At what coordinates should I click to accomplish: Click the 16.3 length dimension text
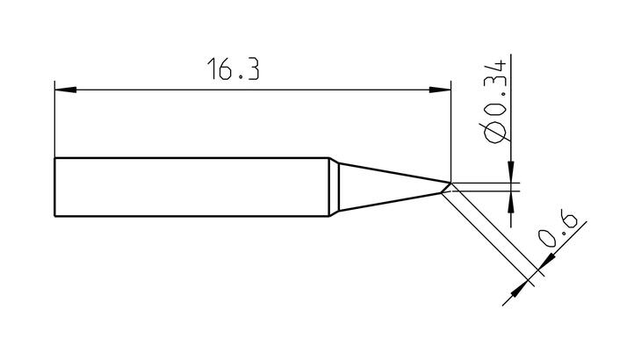pos(234,69)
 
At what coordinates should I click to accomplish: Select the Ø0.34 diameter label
pos(494,102)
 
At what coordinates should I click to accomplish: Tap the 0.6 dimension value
pos(557,228)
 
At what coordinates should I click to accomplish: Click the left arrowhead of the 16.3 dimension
pos(65,90)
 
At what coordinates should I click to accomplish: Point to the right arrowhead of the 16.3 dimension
pos(440,90)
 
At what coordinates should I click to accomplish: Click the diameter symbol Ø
pos(495,133)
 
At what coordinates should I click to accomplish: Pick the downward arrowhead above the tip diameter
pos(511,171)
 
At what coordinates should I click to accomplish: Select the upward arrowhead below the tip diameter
pos(511,202)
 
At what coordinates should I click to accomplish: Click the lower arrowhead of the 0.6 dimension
pos(520,289)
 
